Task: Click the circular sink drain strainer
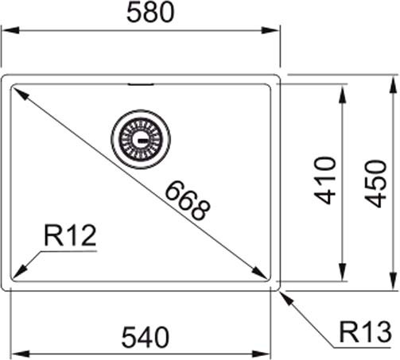141,137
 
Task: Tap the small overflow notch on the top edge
141,82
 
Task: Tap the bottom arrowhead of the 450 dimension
394,285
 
